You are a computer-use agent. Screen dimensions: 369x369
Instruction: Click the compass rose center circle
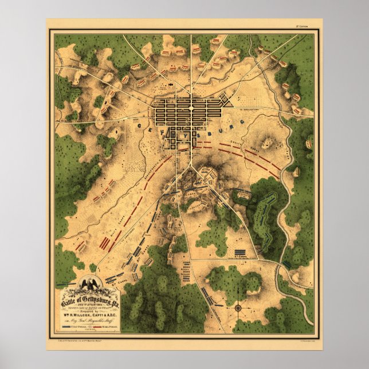pyautogui.click(x=237, y=308)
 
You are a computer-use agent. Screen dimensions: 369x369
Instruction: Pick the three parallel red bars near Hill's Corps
pyautogui.click(x=106, y=244)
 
